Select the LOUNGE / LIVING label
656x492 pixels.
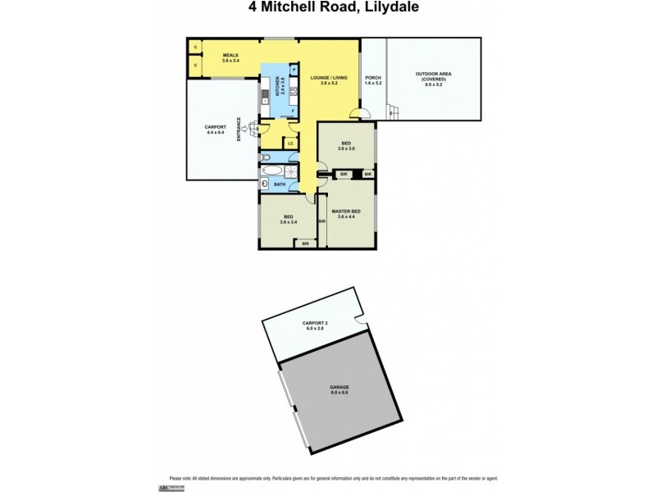tap(328, 77)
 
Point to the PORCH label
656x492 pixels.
tap(373, 77)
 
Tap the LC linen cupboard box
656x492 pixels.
tap(291, 143)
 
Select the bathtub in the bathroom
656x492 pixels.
tap(272, 173)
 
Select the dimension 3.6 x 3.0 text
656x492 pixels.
tap(346, 148)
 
